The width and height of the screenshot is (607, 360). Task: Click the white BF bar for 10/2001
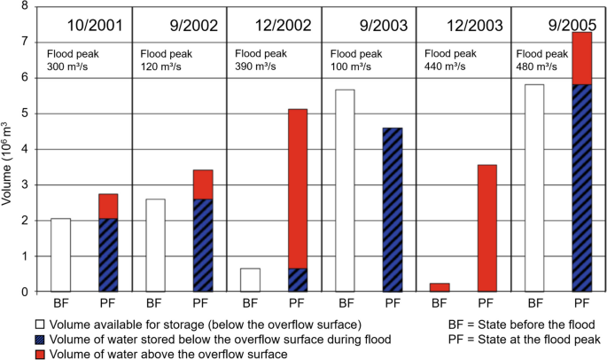[60, 254]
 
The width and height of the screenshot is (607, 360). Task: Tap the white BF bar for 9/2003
[344, 190]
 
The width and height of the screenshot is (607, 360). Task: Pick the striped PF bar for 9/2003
[392, 209]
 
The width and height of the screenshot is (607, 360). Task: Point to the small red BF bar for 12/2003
[439, 287]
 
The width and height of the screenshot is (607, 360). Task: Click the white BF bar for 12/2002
[250, 279]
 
